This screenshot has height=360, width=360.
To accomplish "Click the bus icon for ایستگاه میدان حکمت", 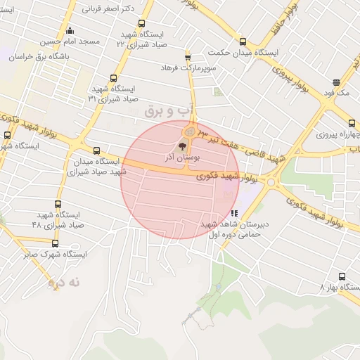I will click(x=243, y=42).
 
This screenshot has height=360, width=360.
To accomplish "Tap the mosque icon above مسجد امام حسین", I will click(x=69, y=31).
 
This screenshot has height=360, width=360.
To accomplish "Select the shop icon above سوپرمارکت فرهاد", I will click(x=188, y=57).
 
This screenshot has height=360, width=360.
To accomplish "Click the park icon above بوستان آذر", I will click(x=183, y=147).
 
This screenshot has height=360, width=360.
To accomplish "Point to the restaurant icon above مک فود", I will click(x=337, y=82).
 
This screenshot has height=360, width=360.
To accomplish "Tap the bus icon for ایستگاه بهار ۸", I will click(x=342, y=277).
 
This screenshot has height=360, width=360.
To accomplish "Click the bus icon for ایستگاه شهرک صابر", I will click(x=55, y=243).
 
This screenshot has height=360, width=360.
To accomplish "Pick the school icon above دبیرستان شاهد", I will click(x=234, y=212).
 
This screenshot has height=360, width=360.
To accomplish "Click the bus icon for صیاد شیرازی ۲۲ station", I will click(x=142, y=23).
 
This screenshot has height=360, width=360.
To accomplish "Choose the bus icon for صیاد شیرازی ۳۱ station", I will click(x=114, y=79).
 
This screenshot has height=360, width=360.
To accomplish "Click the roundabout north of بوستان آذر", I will click(x=190, y=131).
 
